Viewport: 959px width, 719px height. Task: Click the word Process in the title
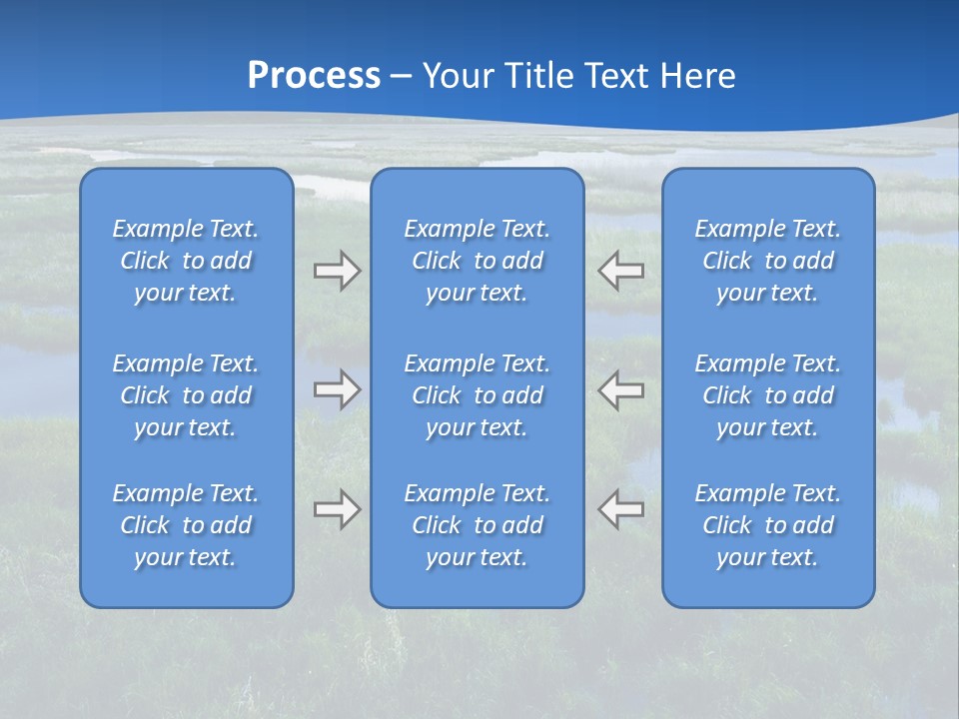tap(314, 76)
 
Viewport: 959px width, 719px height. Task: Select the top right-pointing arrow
tap(337, 271)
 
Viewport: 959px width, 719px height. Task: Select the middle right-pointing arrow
tap(337, 389)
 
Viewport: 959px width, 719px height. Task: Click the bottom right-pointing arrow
tap(337, 509)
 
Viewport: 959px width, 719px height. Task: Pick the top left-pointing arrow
tap(621, 271)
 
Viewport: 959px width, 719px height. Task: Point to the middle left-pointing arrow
tap(621, 389)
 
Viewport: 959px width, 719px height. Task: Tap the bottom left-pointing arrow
tap(621, 509)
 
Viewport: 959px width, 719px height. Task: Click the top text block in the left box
tap(186, 261)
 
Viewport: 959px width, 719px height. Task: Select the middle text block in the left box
tap(186, 395)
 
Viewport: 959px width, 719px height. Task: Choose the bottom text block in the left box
tap(186, 525)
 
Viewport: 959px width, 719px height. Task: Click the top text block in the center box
tap(477, 261)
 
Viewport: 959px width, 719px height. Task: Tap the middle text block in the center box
tap(477, 395)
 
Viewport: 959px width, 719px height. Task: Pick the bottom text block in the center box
tap(477, 525)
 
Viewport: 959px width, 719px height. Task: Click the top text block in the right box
tap(767, 261)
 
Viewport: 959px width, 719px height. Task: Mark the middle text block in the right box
tap(767, 395)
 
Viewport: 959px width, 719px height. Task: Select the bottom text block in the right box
tap(767, 525)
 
